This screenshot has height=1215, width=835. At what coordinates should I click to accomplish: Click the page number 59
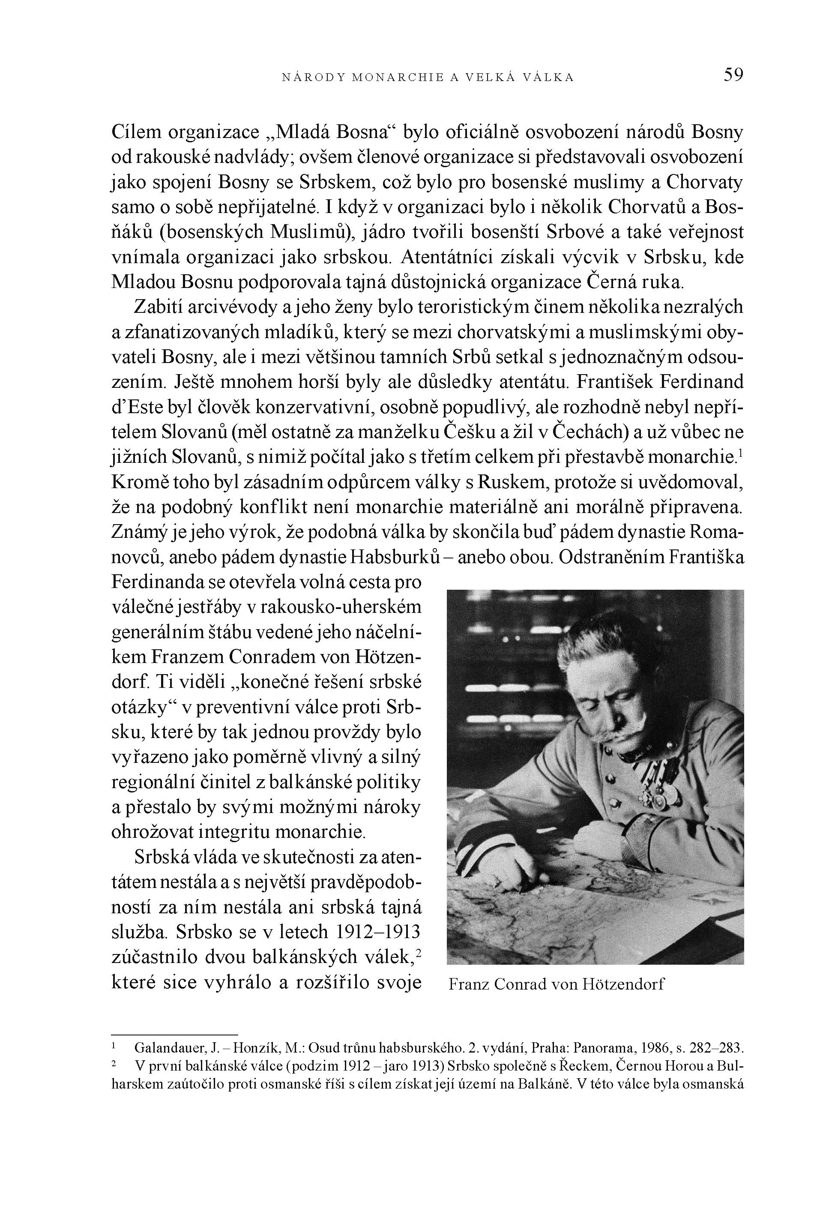click(x=733, y=75)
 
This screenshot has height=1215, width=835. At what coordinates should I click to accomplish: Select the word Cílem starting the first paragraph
click(x=137, y=132)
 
